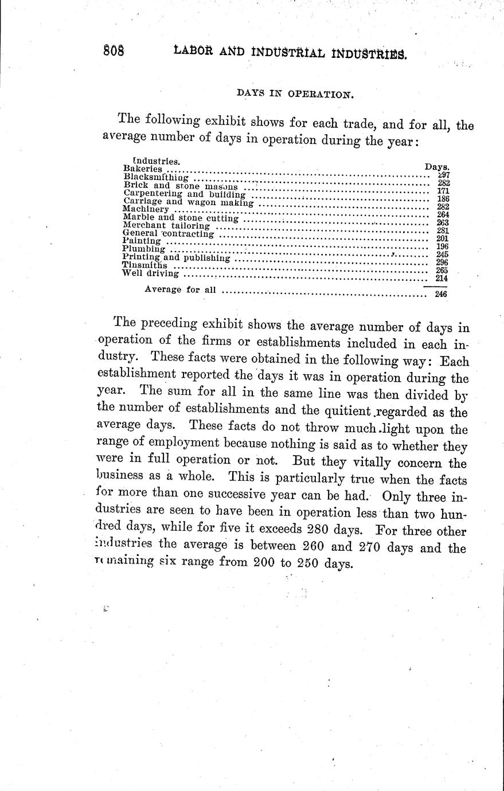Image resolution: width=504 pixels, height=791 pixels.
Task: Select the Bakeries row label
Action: (143, 170)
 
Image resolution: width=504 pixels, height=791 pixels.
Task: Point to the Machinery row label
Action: (146, 210)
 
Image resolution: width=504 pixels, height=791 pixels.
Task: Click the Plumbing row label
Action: (144, 249)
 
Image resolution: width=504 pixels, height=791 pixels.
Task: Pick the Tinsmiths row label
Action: (145, 265)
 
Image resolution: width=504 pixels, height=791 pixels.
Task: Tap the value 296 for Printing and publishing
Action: (442, 263)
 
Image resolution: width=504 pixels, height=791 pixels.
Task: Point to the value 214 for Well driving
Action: (442, 279)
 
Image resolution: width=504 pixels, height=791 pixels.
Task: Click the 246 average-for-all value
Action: (440, 294)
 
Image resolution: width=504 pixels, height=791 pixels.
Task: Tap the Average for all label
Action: (180, 289)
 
